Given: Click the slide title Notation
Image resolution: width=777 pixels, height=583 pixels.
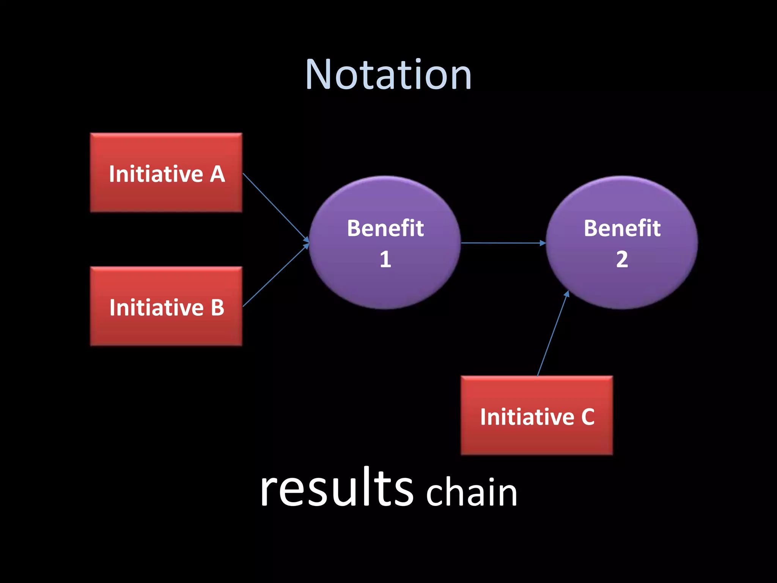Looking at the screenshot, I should point(388,75).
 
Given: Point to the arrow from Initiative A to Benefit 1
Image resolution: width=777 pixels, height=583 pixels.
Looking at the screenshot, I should point(275,206).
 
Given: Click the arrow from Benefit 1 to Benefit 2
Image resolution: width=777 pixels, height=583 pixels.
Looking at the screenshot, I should point(503,243).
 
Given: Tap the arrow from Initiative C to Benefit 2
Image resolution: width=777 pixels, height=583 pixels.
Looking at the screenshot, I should point(552,334).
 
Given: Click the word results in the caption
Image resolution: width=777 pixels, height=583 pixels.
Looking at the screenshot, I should point(337,488).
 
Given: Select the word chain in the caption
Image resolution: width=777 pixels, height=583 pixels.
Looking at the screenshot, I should point(472,492).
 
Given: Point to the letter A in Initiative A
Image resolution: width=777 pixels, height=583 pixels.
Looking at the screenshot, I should point(217,174).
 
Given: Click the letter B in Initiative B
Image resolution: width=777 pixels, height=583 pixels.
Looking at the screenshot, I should point(217,307).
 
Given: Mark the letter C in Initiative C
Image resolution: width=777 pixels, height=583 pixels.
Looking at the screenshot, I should point(588,417).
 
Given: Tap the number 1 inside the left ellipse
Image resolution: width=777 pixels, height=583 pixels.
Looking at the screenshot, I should point(385,259).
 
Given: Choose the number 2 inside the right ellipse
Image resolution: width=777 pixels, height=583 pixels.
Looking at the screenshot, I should point(622,259).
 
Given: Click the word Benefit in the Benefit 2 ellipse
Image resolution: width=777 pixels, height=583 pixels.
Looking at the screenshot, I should point(622,228).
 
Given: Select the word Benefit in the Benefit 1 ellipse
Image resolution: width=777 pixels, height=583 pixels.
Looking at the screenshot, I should point(385,228).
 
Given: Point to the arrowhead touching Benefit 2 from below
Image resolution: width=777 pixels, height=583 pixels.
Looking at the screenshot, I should point(567,294).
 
